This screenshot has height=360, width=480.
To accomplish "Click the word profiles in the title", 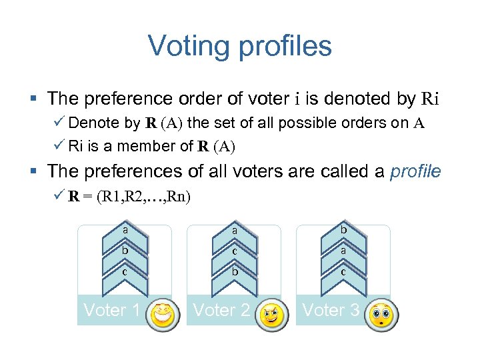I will click(x=286, y=47).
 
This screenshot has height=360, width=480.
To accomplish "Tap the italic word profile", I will click(x=416, y=171).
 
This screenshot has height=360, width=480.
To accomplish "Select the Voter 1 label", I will click(x=111, y=310).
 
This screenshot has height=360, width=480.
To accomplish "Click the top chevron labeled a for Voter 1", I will click(x=125, y=231).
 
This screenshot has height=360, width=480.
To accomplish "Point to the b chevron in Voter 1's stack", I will click(x=125, y=251).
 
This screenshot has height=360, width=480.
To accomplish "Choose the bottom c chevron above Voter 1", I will click(x=125, y=272).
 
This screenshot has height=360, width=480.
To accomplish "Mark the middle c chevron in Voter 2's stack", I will click(x=235, y=251).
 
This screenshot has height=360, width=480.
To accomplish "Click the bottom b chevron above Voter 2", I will click(x=235, y=272).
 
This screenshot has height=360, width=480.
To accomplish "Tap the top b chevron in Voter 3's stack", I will click(x=343, y=231).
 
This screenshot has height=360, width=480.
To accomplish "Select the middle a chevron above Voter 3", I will click(x=343, y=251).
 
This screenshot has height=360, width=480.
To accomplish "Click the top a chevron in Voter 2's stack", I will click(x=235, y=231).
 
